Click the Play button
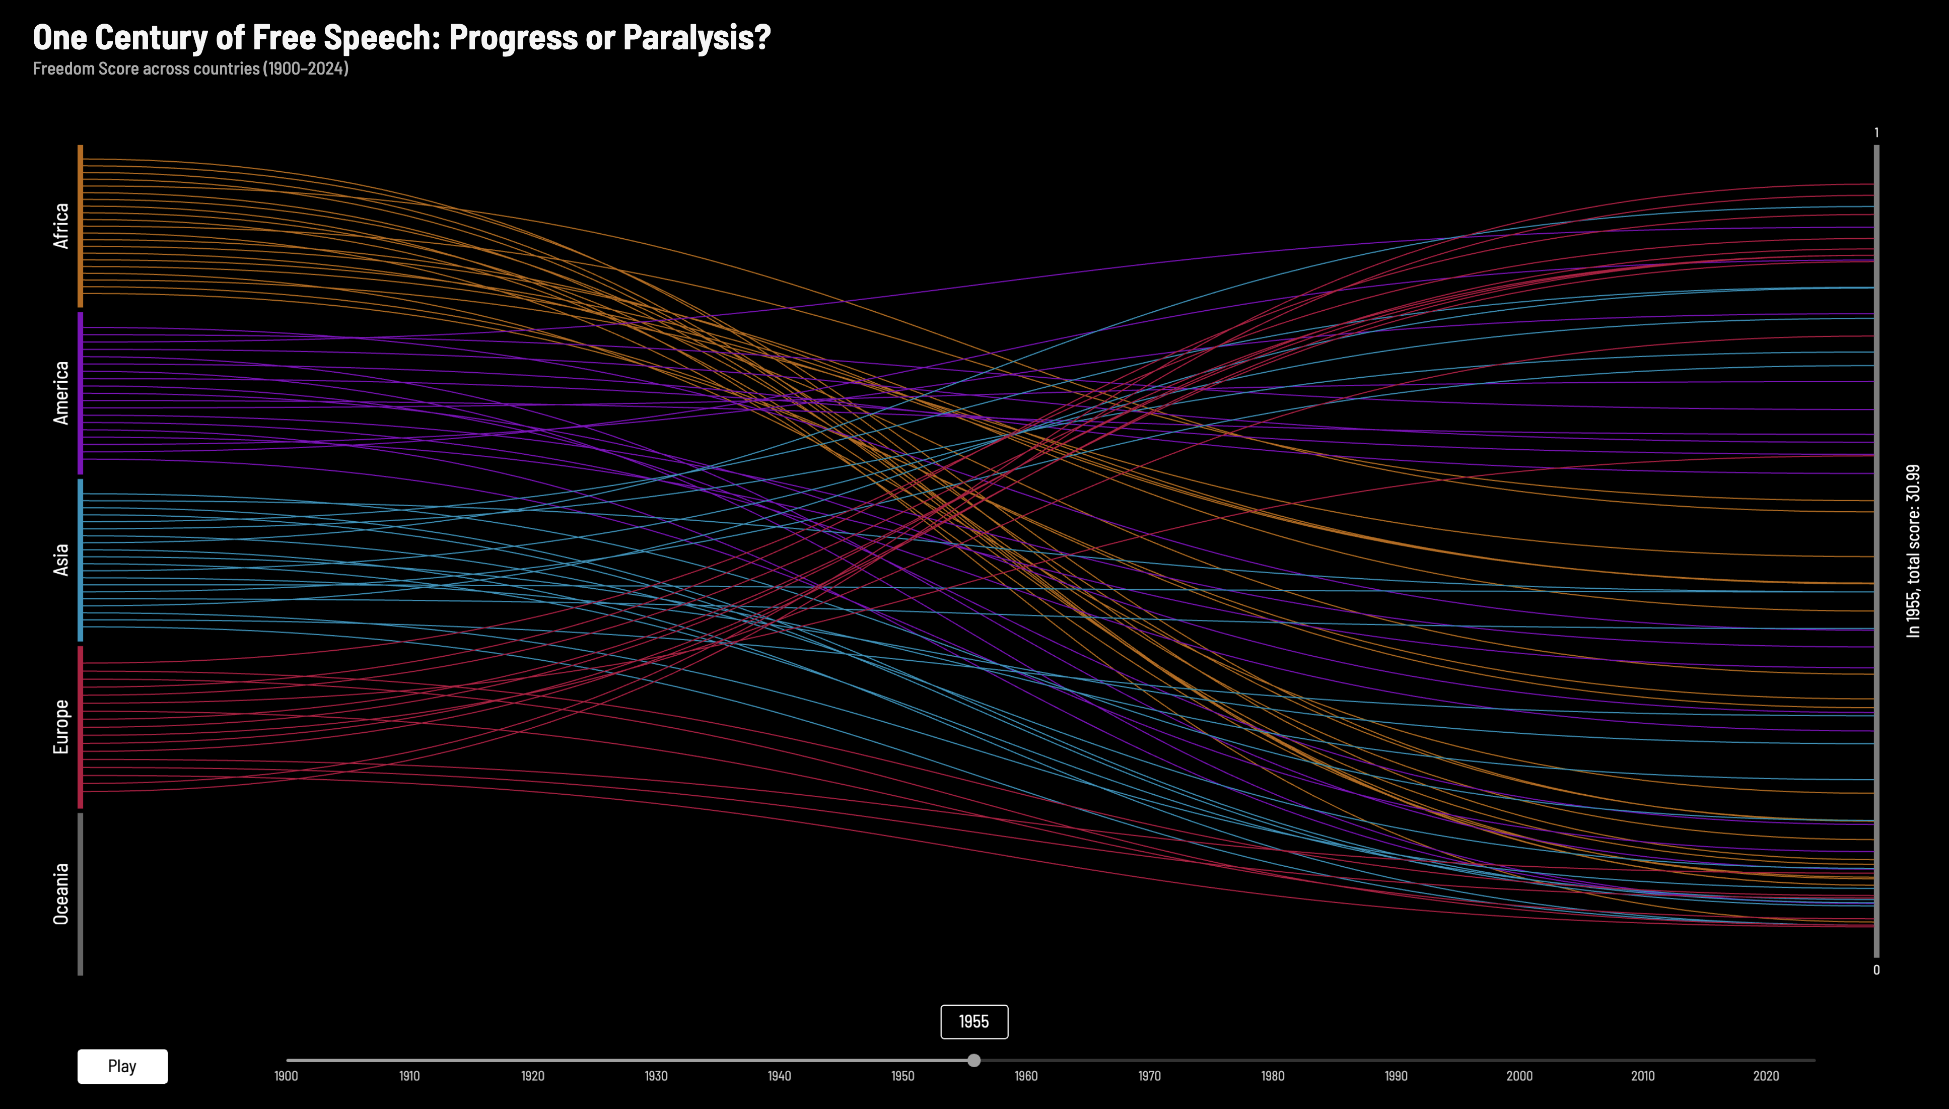pyautogui.click(x=122, y=1066)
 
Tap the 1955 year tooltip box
pyautogui.click(x=973, y=1021)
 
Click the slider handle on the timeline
pyautogui.click(x=973, y=1060)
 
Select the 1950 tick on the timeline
pyautogui.click(x=902, y=1075)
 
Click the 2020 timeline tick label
pyautogui.click(x=1766, y=1075)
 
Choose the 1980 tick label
pyautogui.click(x=1272, y=1075)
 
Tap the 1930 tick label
pyautogui.click(x=656, y=1075)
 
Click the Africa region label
pyautogui.click(x=61, y=226)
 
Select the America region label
pyautogui.click(x=61, y=392)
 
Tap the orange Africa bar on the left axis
pyautogui.click(x=80, y=226)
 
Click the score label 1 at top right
pyautogui.click(x=1876, y=132)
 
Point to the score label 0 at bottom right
pyautogui.click(x=1876, y=969)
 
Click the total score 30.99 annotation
pyautogui.click(x=1912, y=550)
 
